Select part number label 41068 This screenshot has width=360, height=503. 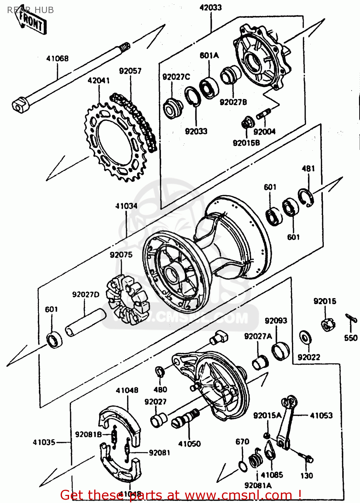(57, 58)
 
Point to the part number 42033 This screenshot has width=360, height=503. (211, 7)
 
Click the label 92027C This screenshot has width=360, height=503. (176, 77)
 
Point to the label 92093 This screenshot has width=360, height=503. (276, 321)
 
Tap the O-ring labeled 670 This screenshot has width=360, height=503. (243, 466)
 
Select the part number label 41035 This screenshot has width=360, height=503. (44, 442)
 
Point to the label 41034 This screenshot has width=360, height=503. (126, 206)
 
